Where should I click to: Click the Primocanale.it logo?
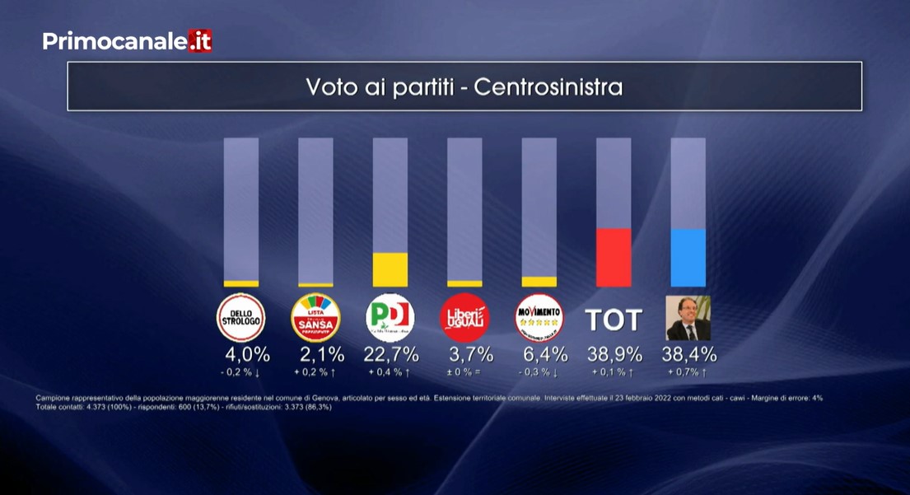pos(127,40)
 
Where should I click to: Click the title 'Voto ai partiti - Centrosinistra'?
pos(464,86)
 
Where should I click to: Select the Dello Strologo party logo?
pos(240,318)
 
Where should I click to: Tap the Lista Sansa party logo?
pos(315,318)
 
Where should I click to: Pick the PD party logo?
pos(390,318)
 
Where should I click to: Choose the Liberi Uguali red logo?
pos(464,318)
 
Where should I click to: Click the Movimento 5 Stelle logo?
pos(539,318)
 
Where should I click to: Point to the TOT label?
pos(613,320)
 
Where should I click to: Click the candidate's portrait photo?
pos(688,318)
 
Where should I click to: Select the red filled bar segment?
pos(614,257)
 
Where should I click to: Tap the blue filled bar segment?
pos(688,257)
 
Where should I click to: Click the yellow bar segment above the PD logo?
pos(390,269)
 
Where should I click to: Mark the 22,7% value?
pos(391,355)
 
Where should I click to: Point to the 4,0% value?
pos(247,355)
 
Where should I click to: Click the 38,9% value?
pos(614,355)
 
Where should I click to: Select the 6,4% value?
pos(544,355)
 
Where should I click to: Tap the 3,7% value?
pos(470,355)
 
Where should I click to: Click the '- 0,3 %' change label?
pos(539,373)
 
